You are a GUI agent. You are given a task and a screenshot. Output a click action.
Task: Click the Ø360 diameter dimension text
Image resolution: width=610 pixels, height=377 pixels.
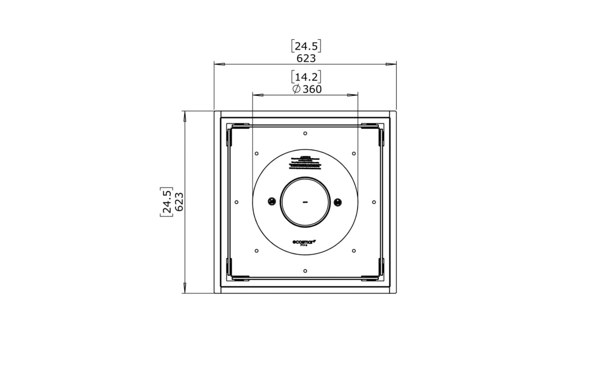[x=307, y=89]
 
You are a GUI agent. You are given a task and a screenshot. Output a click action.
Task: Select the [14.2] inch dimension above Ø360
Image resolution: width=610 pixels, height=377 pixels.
[x=306, y=77]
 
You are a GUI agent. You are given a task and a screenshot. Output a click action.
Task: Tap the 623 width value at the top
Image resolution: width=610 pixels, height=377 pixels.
[x=306, y=58]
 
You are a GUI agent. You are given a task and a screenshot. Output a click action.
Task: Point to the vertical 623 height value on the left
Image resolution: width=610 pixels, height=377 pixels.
[x=179, y=201]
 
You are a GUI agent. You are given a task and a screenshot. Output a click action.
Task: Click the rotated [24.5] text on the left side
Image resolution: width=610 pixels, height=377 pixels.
[x=166, y=201]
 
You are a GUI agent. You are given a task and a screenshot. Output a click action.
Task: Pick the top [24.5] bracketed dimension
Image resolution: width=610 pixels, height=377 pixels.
[x=306, y=46]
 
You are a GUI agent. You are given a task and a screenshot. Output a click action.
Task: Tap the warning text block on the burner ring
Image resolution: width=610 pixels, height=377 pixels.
[x=306, y=161]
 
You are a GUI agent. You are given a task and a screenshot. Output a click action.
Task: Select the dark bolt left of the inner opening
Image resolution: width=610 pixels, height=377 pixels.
[x=271, y=201]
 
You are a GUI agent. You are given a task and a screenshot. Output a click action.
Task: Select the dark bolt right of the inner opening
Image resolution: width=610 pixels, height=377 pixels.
[x=339, y=201]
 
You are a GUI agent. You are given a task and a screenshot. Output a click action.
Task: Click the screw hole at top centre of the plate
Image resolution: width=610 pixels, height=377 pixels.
[x=305, y=133]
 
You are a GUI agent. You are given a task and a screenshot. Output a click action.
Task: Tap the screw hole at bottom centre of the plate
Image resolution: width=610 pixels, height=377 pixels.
[x=305, y=270]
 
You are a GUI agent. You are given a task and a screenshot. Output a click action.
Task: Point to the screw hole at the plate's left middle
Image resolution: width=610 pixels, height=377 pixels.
[x=237, y=202]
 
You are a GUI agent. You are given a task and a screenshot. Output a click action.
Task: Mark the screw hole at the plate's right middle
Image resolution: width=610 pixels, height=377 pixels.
[x=374, y=202]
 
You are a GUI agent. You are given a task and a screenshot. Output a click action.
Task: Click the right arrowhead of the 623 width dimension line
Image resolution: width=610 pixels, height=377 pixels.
[x=392, y=64]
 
